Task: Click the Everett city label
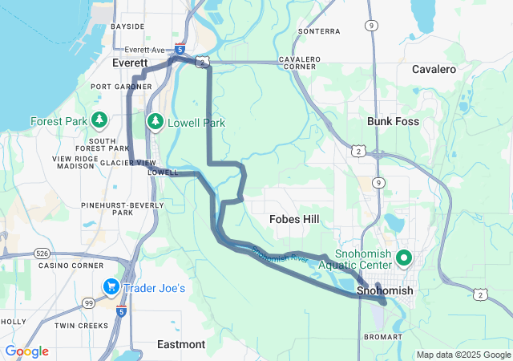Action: point(130,63)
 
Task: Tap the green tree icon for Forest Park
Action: point(99,121)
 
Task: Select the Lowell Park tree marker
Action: point(155,122)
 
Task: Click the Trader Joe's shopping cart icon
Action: point(110,287)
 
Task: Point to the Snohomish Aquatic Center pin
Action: point(404,258)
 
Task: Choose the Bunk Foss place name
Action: point(393,122)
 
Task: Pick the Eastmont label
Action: point(181,344)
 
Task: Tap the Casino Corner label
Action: point(71,266)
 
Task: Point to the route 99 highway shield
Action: point(88,302)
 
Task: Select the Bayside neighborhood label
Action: point(127,26)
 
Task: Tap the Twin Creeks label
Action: point(82,326)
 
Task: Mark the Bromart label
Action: point(383,337)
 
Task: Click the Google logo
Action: point(26,351)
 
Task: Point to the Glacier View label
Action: point(128,163)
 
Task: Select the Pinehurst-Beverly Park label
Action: point(122,209)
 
